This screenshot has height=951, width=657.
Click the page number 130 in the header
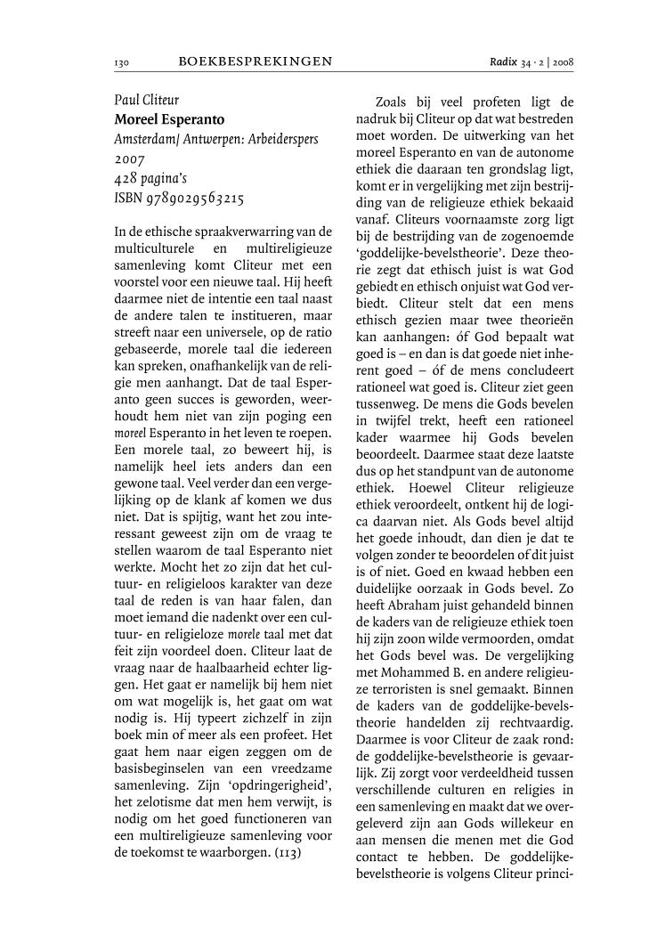point(122,63)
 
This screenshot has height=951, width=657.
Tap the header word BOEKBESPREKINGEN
point(255,62)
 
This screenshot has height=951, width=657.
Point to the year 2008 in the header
point(561,63)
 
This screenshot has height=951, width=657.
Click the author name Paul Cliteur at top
point(146,100)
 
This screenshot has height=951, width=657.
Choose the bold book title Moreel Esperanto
point(169,119)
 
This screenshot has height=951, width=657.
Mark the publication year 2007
point(130,159)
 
